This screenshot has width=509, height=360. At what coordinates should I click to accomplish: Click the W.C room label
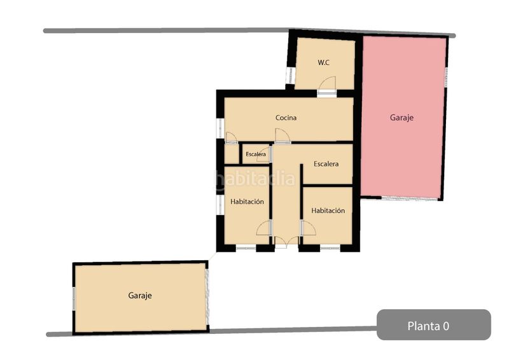323,63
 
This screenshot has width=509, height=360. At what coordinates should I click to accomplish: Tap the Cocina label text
286,118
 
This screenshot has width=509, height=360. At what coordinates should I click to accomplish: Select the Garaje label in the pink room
401,118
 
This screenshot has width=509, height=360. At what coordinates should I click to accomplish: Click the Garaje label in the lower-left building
140,296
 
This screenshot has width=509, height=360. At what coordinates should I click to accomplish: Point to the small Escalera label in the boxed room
256,155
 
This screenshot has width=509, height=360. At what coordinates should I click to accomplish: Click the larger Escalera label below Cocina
326,164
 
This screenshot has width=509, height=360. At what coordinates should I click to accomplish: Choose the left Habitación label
247,202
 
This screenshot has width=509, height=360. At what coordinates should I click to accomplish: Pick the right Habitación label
328,211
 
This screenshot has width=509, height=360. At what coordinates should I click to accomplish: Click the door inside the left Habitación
264,228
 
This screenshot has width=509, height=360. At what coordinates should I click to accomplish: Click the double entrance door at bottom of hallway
286,240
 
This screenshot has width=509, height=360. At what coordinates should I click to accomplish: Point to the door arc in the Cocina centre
282,135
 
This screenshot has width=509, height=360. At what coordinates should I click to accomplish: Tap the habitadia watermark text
254,180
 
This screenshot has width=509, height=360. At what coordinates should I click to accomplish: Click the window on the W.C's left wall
289,76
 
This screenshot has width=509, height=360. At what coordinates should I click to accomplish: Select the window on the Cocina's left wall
220,127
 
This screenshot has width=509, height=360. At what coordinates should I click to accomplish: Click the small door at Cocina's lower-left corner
231,137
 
